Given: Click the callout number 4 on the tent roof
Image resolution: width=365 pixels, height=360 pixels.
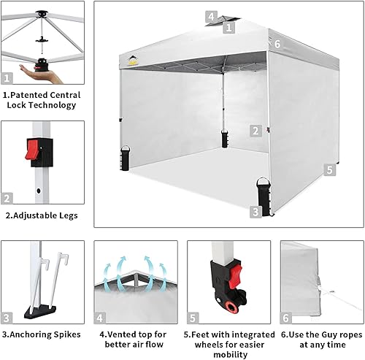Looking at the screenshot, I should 210,15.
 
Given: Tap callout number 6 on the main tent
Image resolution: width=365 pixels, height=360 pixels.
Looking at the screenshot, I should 277,43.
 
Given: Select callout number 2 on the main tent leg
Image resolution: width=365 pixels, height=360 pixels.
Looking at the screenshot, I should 254,131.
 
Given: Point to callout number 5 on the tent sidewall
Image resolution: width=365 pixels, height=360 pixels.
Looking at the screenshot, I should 330,169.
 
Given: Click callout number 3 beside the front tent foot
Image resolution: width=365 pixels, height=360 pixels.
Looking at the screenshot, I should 255,212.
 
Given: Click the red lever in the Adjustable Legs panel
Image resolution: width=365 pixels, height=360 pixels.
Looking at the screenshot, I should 32,150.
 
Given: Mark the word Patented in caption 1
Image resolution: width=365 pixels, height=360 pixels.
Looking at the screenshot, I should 31,95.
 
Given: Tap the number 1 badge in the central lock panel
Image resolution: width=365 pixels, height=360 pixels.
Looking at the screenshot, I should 8,77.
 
